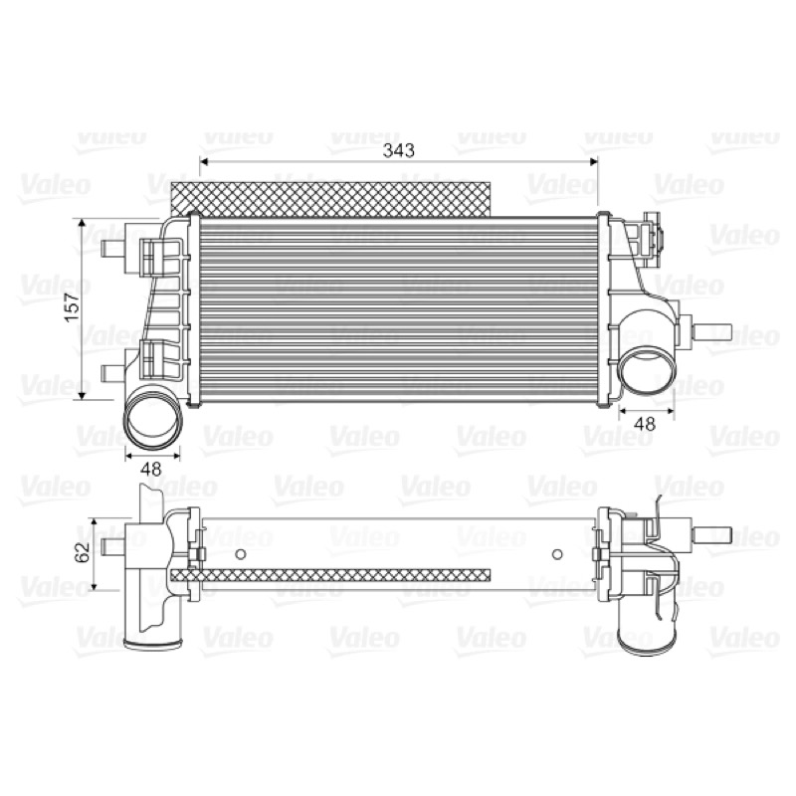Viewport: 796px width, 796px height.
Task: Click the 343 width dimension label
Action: tap(399, 150)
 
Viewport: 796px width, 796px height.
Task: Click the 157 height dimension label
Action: tap(73, 306)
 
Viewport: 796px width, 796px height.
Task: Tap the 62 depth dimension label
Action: tap(83, 552)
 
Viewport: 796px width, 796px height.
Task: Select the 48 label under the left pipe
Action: tap(151, 469)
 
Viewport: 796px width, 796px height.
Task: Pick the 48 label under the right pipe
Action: tap(645, 423)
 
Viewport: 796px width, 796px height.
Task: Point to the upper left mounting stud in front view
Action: tap(113, 250)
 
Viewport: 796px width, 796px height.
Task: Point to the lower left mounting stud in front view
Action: tap(113, 374)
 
